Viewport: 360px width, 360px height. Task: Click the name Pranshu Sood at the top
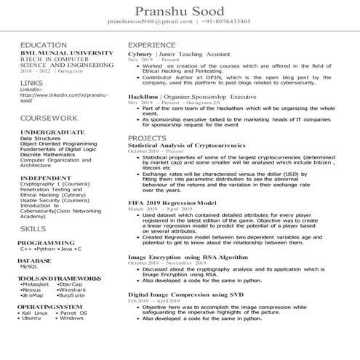coord(179,10)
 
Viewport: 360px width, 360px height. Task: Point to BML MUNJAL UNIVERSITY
coord(66,54)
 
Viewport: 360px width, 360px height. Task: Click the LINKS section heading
coord(32,83)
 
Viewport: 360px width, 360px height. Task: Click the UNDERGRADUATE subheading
coord(54,132)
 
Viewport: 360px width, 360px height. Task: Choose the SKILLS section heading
coord(33,228)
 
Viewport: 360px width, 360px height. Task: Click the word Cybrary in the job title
coord(140,55)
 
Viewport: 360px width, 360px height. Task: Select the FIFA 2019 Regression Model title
coord(172,201)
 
